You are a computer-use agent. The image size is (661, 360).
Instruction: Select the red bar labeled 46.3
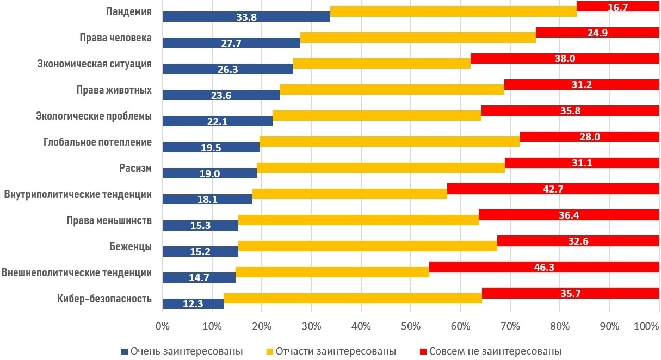pyautogui.click(x=544, y=267)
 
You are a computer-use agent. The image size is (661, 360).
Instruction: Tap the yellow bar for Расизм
pyautogui.click(x=381, y=168)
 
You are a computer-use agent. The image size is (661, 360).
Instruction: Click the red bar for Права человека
pyautogui.click(x=597, y=33)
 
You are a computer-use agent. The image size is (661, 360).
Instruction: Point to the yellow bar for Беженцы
pyautogui.click(x=368, y=246)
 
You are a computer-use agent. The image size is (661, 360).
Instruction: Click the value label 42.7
pyautogui.click(x=553, y=189)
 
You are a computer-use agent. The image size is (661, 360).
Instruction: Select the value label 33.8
pyautogui.click(x=246, y=17)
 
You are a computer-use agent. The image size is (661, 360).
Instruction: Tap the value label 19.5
pyautogui.click(x=211, y=147)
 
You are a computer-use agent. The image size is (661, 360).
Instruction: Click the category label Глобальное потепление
pyautogui.click(x=97, y=143)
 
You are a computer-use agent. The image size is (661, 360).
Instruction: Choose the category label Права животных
pyautogui.click(x=114, y=90)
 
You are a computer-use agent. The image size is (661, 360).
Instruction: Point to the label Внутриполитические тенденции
pyautogui.click(x=78, y=194)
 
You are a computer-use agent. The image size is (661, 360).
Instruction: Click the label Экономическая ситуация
pyautogui.click(x=94, y=64)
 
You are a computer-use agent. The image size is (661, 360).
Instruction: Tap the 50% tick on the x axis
pyautogui.click(x=411, y=326)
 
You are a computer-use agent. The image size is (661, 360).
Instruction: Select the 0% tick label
pyautogui.click(x=162, y=326)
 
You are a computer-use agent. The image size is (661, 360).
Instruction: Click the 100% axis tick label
pyautogui.click(x=646, y=326)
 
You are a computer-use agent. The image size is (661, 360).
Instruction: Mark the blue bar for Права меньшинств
pyautogui.click(x=200, y=225)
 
